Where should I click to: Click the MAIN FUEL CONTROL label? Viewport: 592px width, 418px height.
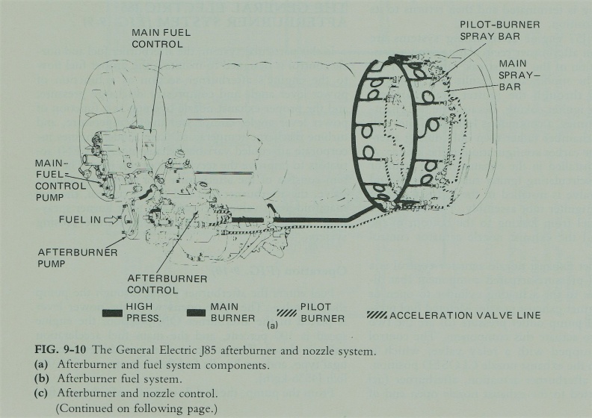[157, 39]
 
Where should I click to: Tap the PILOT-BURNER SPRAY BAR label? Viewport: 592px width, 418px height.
[499, 30]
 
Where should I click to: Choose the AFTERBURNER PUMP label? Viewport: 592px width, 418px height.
[78, 258]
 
